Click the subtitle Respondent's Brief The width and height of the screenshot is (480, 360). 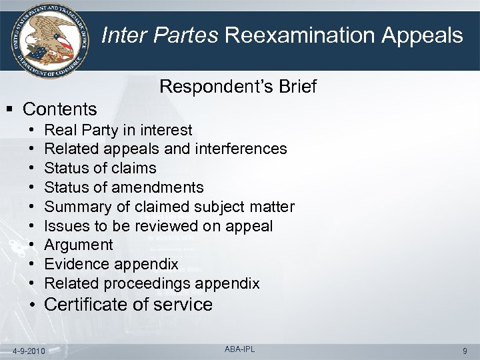coord(238,87)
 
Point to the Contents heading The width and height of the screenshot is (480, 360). coord(59,108)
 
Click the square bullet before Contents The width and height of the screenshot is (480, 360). coord(11,108)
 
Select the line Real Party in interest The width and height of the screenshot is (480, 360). coord(118,129)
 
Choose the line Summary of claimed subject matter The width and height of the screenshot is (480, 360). coord(169,207)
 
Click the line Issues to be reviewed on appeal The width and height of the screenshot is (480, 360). coord(158,226)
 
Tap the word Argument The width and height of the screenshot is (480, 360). coord(78,245)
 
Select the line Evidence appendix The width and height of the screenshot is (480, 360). coord(111,264)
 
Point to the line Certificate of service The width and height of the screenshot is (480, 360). coord(128,305)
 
